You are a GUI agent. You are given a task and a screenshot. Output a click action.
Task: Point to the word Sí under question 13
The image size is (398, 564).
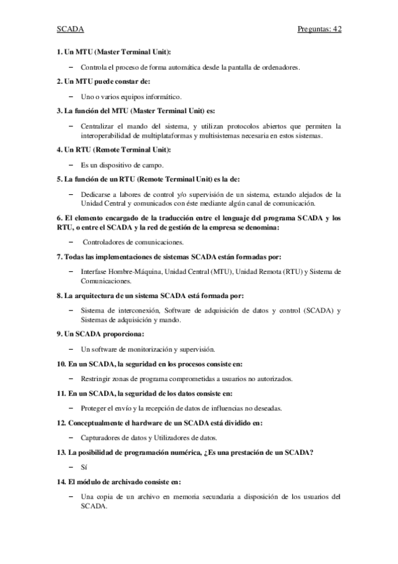pos(84,467)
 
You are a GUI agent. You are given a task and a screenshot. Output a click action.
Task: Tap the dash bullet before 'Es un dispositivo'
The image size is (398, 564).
pos(71,165)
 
